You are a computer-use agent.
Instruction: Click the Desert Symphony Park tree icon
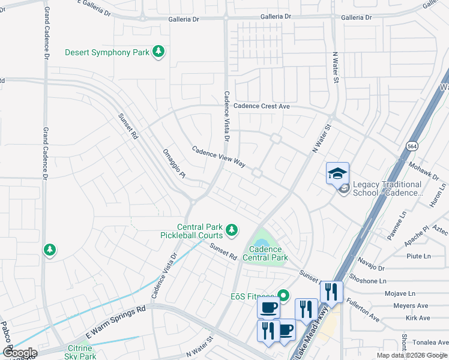(159, 52)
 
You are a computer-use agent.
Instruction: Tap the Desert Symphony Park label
(107, 53)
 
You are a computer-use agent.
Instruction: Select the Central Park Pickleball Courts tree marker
(231, 230)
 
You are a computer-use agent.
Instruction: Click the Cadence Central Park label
(265, 253)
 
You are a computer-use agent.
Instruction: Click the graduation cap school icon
(337, 173)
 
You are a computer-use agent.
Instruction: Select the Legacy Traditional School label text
(388, 189)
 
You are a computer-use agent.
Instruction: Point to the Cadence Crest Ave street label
(261, 106)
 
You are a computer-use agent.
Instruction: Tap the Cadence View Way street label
(219, 156)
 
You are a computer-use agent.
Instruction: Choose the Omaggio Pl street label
(175, 163)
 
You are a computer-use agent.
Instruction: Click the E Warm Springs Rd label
(116, 322)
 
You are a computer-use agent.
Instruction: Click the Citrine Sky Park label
(80, 352)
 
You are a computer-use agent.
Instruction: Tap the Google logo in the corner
(19, 353)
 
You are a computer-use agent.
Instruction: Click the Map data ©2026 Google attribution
(412, 355)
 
